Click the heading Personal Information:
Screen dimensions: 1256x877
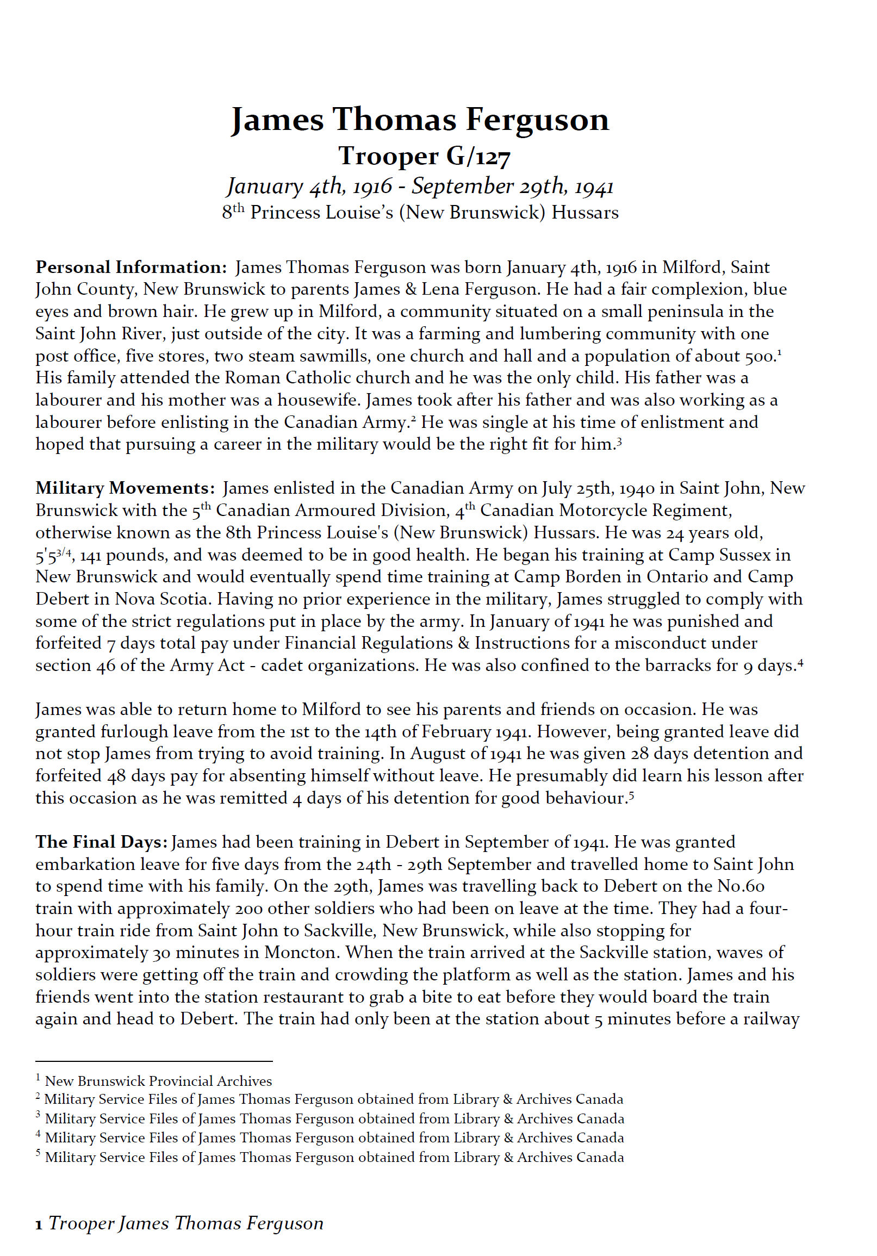coord(131,268)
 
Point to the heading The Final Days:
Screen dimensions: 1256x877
coord(101,842)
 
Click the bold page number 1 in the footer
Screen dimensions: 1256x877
coord(39,1224)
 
